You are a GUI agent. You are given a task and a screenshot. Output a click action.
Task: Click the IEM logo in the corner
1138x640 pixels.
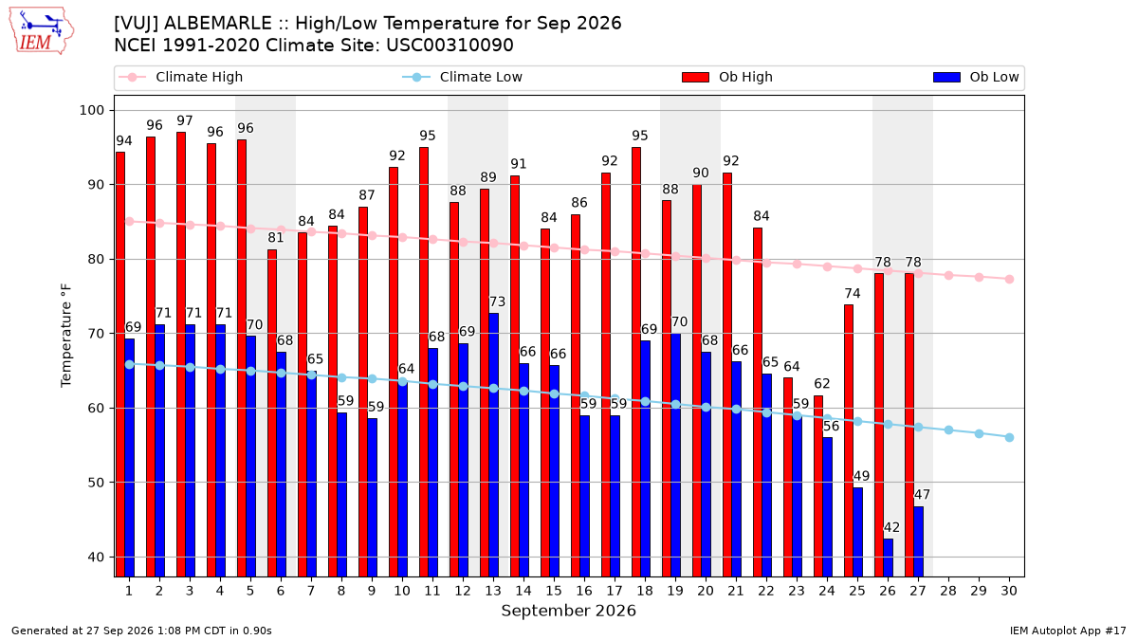(x=42, y=31)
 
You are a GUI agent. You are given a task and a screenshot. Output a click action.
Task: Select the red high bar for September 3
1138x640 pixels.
(x=181, y=355)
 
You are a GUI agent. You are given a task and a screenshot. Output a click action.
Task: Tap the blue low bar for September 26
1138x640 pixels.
(x=888, y=558)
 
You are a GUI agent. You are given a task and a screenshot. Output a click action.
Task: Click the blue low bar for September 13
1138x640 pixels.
(x=493, y=445)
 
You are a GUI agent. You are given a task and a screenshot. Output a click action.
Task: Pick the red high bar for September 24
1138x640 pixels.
(x=818, y=486)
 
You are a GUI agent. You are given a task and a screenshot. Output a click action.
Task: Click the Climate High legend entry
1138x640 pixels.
(x=181, y=77)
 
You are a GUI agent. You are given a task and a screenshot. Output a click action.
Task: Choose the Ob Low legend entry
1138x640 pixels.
(x=976, y=77)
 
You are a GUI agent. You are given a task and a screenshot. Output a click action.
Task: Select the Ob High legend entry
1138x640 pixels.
(x=727, y=77)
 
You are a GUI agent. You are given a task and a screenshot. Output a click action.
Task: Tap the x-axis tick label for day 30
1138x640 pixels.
(x=1009, y=591)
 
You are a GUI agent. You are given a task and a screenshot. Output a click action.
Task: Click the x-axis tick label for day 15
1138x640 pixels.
(x=554, y=591)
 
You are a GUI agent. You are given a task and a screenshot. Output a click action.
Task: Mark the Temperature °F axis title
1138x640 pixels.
(x=66, y=336)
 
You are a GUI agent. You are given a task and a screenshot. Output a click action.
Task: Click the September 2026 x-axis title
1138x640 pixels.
(x=568, y=611)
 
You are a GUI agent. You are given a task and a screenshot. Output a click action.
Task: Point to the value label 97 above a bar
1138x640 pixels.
(x=185, y=121)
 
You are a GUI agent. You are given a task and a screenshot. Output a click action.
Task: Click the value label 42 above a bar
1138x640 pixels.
(x=891, y=528)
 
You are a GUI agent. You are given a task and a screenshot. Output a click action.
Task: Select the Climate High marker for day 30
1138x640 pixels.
(x=1009, y=280)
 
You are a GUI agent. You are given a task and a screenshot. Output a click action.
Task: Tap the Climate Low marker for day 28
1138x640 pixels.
(x=948, y=430)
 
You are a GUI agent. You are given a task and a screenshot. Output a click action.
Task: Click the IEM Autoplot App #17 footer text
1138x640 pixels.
(x=1068, y=631)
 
